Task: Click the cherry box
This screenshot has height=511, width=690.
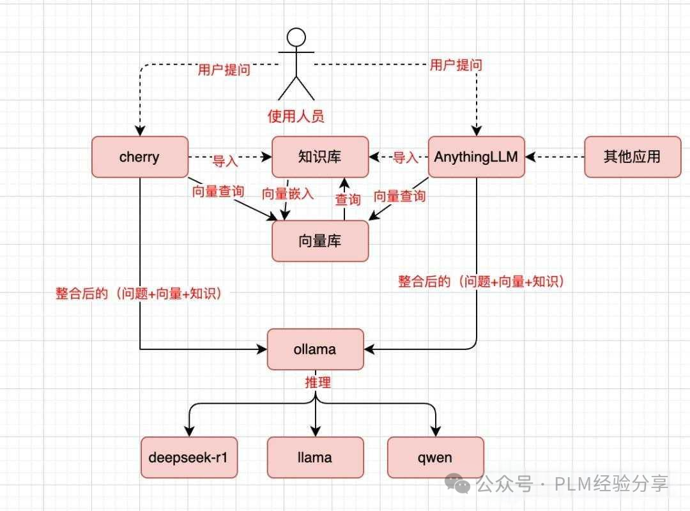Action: point(139,156)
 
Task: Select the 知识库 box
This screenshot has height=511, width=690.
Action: point(320,156)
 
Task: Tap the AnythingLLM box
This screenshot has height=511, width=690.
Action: point(476,156)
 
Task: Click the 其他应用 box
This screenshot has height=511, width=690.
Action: point(632,156)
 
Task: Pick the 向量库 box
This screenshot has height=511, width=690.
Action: point(320,241)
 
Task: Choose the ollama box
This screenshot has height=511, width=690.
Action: point(315,349)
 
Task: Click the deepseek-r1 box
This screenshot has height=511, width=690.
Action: point(189,457)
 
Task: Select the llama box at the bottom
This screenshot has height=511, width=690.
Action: point(315,457)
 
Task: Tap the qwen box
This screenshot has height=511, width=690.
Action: point(436,457)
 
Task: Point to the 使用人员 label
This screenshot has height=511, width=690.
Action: point(296,116)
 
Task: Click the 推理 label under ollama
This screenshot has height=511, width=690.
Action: point(317,383)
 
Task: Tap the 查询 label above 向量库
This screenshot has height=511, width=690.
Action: point(348,199)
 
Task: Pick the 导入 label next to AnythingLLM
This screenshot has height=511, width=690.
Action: point(405,157)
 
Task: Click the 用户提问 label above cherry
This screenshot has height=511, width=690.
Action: point(224,70)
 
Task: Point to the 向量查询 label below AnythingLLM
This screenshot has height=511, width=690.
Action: point(399,196)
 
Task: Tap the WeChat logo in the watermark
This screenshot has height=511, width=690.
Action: point(460,484)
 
